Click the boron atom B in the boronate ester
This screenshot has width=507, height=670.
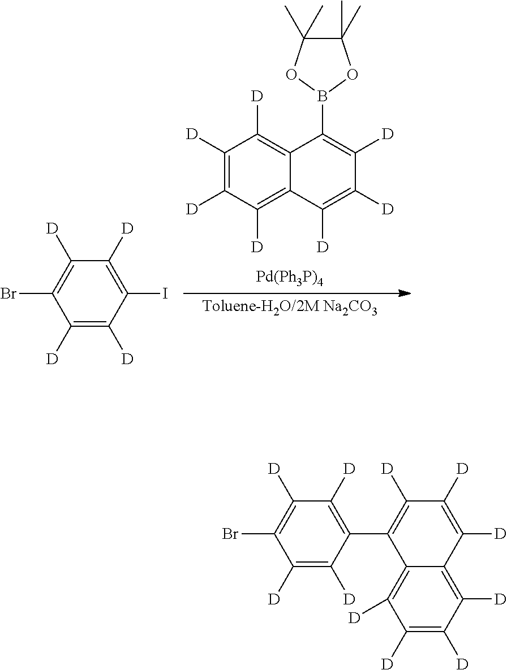[x=322, y=99]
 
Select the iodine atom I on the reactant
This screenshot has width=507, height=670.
[x=165, y=294]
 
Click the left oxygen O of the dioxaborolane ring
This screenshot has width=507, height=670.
[x=291, y=75]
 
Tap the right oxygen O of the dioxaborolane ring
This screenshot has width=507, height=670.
[x=353, y=75]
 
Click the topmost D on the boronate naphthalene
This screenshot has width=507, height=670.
[x=256, y=97]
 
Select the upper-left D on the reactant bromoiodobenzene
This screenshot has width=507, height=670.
[x=52, y=229]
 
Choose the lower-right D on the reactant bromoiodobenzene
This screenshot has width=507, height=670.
[x=127, y=359]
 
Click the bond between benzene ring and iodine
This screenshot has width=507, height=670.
[x=144, y=294]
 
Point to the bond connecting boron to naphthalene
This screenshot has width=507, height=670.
[x=323, y=120]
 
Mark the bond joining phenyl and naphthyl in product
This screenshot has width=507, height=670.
[x=369, y=534]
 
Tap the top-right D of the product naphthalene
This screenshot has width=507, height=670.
[x=462, y=469]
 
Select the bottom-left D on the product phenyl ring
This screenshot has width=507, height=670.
[x=274, y=599]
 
